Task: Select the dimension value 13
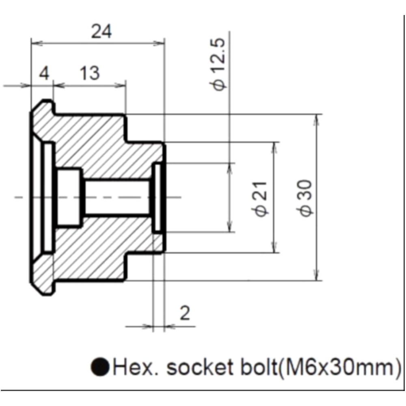point(89,74)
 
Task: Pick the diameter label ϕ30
point(307,198)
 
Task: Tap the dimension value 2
point(185,313)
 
